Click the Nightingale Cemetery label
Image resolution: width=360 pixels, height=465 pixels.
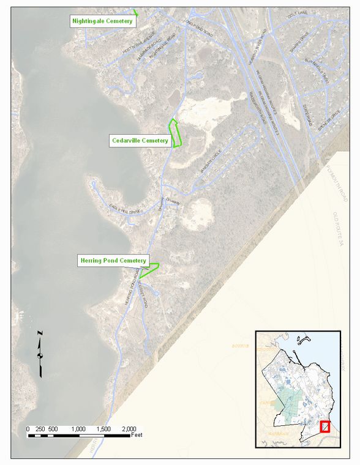(x=102, y=21)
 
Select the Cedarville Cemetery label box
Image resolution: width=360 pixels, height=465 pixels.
(x=140, y=141)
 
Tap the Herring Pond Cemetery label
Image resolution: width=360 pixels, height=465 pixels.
(x=113, y=261)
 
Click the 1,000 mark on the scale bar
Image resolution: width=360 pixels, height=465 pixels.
(x=78, y=429)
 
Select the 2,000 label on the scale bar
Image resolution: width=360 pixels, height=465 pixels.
(x=129, y=429)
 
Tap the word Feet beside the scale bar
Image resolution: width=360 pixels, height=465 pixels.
(x=138, y=436)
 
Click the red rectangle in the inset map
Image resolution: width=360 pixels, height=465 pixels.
(x=325, y=427)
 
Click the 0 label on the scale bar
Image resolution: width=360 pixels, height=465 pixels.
(x=28, y=429)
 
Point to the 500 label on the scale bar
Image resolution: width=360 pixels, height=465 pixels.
(x=53, y=429)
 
